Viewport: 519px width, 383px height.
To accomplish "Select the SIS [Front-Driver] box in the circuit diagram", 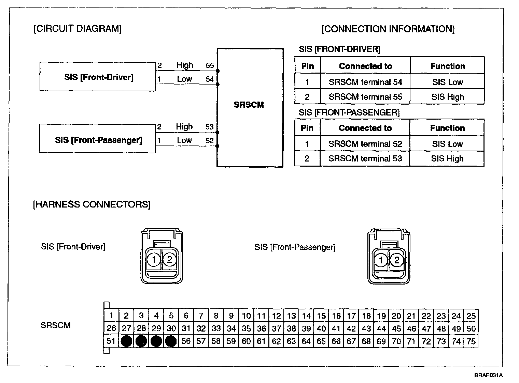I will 98,77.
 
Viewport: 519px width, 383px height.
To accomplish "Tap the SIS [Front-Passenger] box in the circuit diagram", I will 98,140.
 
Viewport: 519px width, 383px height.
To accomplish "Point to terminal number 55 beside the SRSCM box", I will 210,65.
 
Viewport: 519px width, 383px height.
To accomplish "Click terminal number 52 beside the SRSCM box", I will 210,140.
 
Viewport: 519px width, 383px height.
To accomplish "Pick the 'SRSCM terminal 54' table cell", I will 365,82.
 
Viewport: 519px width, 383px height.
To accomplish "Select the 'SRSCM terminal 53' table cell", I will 365,159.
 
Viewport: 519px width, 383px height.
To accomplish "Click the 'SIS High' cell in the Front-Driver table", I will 447,97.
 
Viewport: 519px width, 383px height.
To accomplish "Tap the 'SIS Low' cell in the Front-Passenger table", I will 447,144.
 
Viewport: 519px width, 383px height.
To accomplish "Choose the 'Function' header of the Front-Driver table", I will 447,66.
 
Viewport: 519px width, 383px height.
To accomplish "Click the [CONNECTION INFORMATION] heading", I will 388,29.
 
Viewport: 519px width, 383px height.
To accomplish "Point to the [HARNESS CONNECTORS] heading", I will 92,204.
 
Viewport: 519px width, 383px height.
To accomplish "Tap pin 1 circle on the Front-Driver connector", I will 154,260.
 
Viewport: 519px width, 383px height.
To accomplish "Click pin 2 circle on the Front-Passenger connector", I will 396,261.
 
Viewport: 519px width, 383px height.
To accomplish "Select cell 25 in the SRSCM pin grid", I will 471,316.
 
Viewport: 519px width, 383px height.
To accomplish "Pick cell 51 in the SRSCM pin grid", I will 111,341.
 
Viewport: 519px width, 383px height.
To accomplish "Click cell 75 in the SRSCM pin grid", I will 471,341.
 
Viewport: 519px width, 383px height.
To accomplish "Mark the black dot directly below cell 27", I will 126,341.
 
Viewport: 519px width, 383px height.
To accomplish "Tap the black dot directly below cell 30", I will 171,341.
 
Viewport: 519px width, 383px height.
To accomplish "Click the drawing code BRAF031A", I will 488,376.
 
